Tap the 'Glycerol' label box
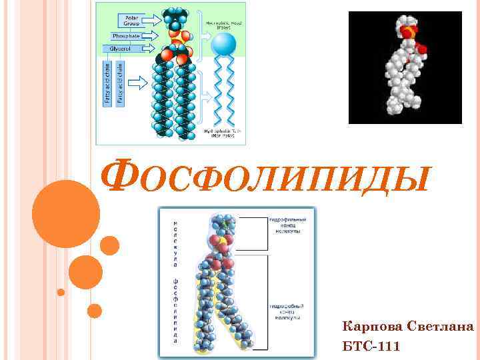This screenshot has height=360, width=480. [x=116, y=49]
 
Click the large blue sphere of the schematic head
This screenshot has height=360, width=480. [x=223, y=45]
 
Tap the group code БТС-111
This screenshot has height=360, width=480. [x=371, y=347]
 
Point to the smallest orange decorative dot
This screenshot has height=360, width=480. [x=61, y=292]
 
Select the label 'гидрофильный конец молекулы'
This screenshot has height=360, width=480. [x=287, y=225]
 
